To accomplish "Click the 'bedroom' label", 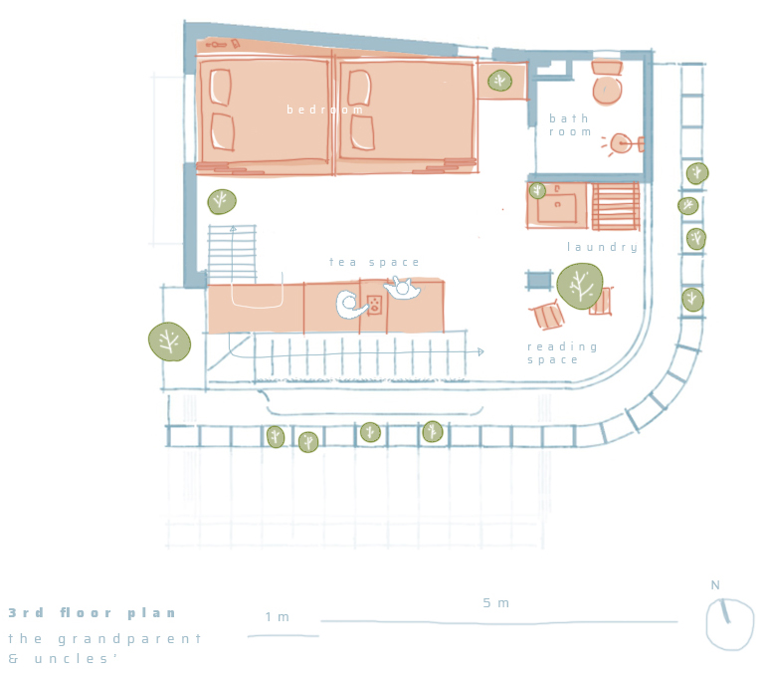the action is click(324, 110).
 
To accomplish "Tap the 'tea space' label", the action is click(374, 262).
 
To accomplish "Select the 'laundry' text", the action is click(602, 247).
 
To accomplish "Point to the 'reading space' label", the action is click(562, 353).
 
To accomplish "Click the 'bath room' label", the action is click(570, 125).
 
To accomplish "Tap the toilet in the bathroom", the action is click(607, 82).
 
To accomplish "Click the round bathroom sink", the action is click(621, 143).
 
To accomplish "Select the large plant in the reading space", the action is click(580, 286).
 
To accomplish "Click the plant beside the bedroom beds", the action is click(499, 81).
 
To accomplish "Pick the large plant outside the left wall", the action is click(169, 341).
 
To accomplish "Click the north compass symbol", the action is click(729, 624).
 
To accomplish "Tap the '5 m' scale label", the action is click(495, 603).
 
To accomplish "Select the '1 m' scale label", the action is click(278, 617).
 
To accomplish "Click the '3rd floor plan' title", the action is click(92, 613).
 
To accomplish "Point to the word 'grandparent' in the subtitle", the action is click(129, 639).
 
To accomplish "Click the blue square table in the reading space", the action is click(539, 281).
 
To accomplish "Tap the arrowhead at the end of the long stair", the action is click(480, 351).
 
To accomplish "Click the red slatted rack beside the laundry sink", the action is click(615, 206).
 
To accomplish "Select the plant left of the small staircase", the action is click(222, 202).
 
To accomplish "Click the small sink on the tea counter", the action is click(374, 305).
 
